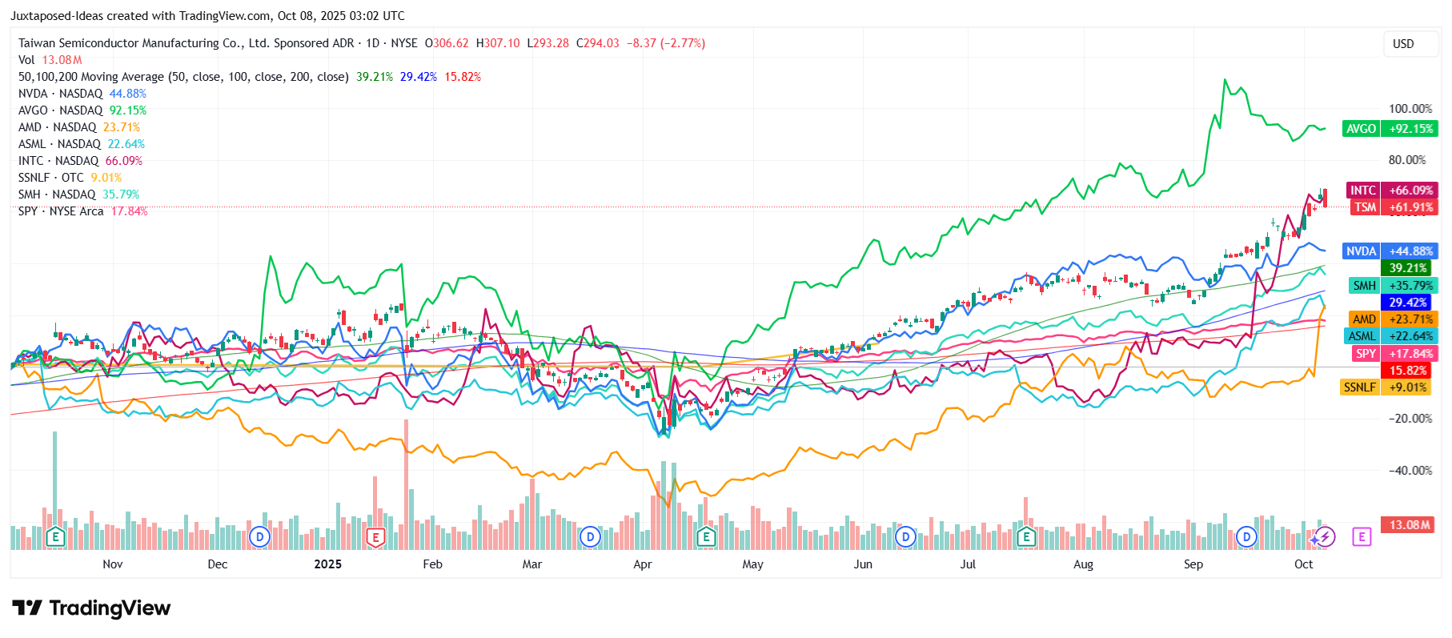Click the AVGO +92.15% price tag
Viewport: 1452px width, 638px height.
coord(1390,128)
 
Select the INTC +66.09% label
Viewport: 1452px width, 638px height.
coord(1391,190)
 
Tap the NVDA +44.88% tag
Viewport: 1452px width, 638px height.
coord(1390,251)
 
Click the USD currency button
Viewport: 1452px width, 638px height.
coord(1402,44)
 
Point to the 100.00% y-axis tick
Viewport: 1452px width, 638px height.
coord(1410,109)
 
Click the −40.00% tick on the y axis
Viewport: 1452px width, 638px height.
coord(1410,471)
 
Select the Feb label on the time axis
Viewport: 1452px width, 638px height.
coord(432,564)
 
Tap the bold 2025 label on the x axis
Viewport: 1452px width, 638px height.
coord(327,564)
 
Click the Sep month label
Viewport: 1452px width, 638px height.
coord(1193,564)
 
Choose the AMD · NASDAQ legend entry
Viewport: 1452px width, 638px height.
coord(78,127)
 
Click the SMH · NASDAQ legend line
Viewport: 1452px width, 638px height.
coord(78,195)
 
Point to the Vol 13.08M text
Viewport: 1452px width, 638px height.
coord(50,60)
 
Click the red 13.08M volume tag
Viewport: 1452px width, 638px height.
coord(1409,525)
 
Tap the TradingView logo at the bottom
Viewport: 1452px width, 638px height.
coord(91,608)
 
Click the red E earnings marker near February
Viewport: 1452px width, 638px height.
coord(375,536)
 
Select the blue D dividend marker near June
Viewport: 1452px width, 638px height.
coord(905,536)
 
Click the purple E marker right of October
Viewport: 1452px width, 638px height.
coord(1362,536)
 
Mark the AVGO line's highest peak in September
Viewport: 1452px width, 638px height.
coord(1224,79)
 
